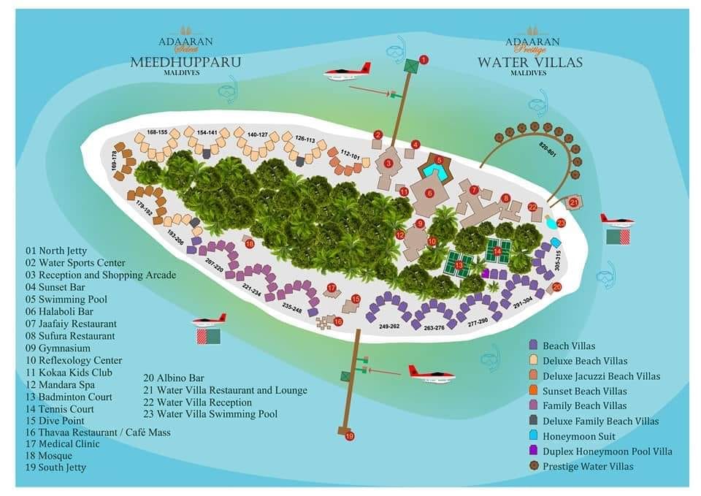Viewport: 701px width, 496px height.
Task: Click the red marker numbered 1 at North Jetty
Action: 424,60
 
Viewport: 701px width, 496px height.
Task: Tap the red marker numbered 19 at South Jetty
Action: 350,436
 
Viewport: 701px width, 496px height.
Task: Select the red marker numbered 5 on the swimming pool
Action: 439,159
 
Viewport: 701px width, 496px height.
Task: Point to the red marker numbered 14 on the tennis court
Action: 497,251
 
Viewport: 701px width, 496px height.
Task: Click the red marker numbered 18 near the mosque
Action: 250,244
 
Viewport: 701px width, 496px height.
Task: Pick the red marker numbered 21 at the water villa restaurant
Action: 574,202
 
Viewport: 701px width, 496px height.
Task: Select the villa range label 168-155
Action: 157,132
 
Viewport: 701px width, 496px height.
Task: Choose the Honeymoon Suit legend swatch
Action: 533,436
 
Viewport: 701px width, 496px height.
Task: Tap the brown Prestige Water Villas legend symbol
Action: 533,466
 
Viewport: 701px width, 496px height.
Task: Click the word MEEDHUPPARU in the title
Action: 185,62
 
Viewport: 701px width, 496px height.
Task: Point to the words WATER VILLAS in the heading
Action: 530,62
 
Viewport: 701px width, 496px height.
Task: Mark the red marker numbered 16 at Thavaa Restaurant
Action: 338,321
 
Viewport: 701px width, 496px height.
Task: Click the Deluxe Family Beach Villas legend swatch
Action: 533,421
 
